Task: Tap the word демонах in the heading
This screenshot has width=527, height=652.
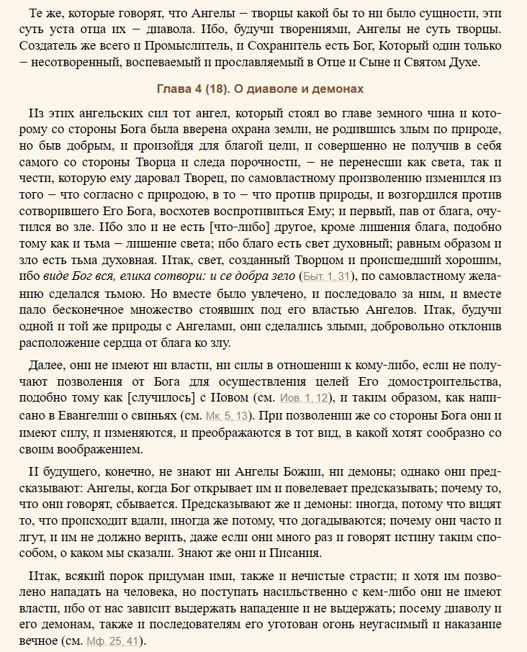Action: point(340,89)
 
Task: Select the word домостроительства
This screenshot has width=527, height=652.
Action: point(440,378)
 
